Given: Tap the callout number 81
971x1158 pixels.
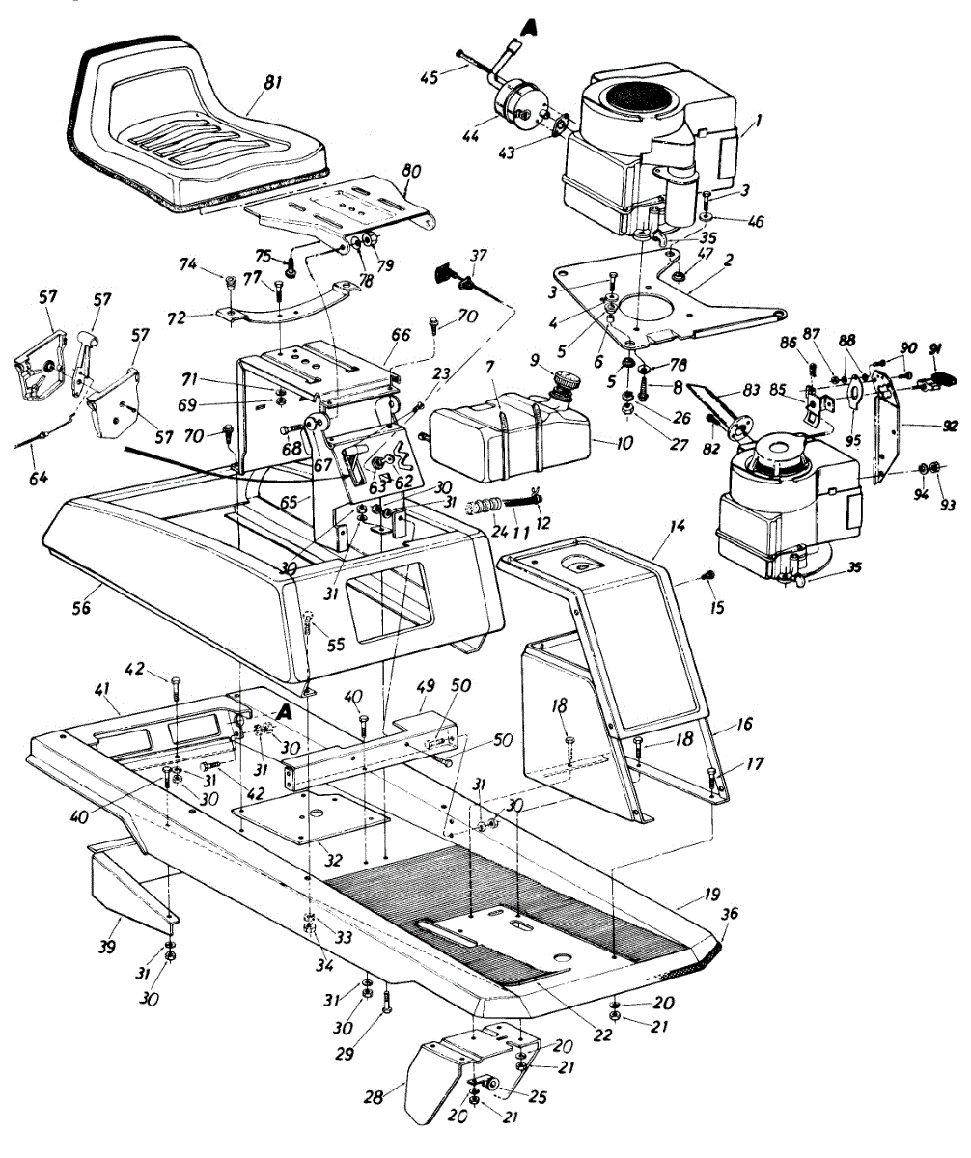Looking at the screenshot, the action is point(271,84).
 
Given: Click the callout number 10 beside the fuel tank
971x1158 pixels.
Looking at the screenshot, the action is point(624,444).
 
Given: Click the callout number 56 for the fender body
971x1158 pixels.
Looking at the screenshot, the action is point(81,608).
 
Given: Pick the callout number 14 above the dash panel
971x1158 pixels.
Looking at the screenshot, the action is point(678,526).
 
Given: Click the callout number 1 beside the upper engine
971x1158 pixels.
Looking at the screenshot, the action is point(759,120).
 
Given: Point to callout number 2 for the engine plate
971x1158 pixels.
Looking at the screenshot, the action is point(729,260).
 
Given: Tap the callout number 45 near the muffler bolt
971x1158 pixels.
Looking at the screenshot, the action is point(430,76).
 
